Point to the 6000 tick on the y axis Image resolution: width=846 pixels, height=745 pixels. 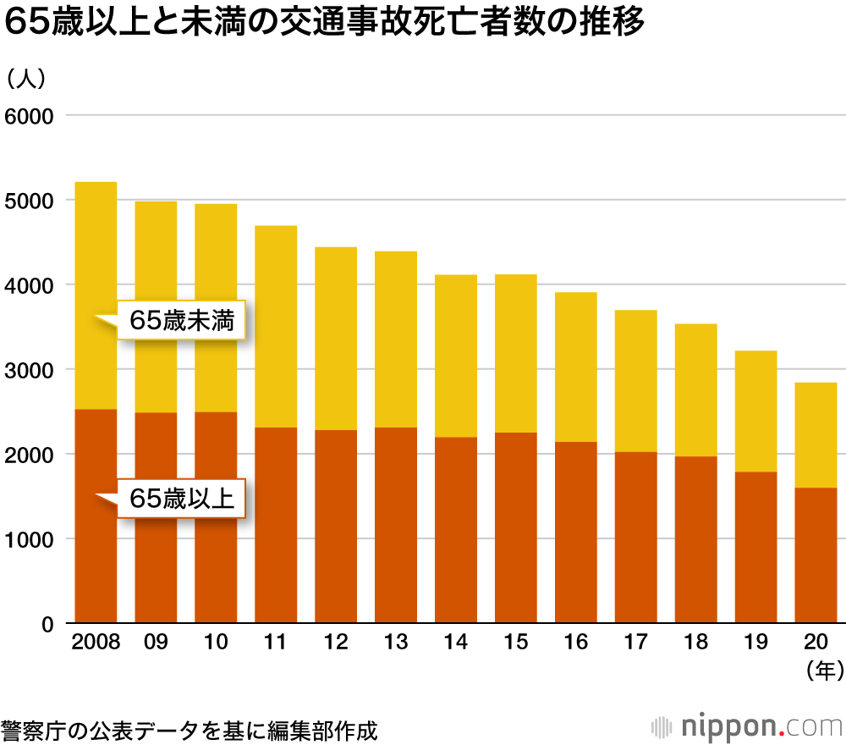click(30, 115)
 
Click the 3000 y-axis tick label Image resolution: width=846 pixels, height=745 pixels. click(30, 370)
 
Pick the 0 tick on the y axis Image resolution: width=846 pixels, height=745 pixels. click(47, 625)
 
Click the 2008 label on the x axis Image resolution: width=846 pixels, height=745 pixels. click(96, 643)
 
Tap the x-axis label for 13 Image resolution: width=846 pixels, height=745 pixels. click(396, 643)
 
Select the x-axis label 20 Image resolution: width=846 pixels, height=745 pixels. click(816, 643)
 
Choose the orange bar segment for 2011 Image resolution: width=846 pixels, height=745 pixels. click(276, 525)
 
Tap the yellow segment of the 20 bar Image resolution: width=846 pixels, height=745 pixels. click(816, 434)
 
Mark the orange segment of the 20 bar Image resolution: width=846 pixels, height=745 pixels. click(816, 555)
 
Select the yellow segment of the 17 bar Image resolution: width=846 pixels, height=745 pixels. click(635, 381)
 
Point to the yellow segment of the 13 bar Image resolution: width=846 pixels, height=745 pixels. click(396, 339)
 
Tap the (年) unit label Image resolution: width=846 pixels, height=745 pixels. click(823, 670)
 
